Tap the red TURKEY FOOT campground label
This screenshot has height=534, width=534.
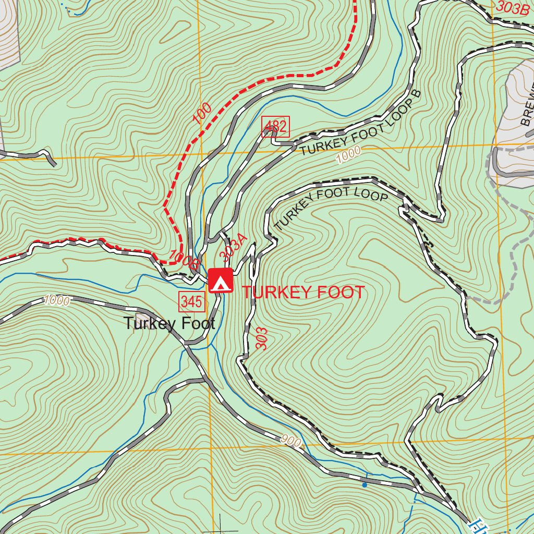(x=303, y=293)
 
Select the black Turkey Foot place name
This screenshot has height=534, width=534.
(x=169, y=324)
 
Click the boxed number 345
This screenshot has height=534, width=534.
(x=191, y=301)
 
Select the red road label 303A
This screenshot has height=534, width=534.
(x=233, y=247)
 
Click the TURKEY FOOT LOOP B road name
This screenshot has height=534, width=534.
(x=360, y=127)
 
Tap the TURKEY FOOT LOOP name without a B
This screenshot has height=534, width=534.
(x=331, y=210)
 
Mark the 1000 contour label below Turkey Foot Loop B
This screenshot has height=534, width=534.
(x=348, y=154)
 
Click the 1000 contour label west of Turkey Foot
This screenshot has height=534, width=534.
(x=57, y=300)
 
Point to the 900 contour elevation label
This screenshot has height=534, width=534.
(x=292, y=441)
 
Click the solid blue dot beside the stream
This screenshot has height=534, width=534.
(x=365, y=485)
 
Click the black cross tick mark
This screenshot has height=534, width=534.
(x=222, y=528)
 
